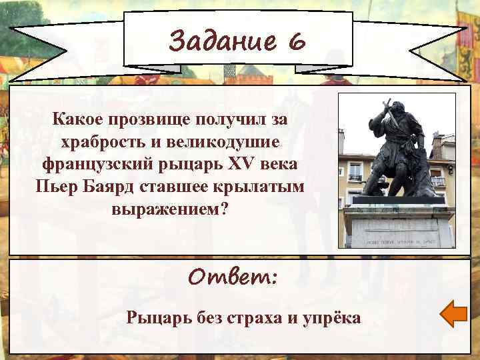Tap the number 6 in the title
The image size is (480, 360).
point(297,43)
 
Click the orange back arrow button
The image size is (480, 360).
point(455,314)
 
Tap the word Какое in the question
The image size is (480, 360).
point(77,120)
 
